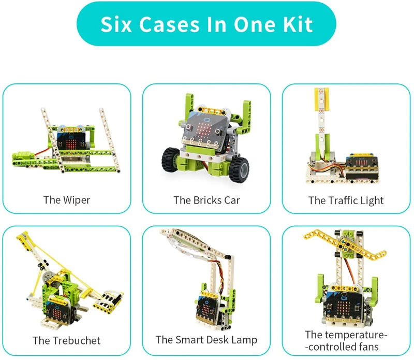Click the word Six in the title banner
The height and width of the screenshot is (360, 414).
click(x=116, y=24)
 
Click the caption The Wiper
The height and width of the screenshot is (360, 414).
click(x=67, y=200)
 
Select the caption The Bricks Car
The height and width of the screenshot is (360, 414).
click(x=206, y=200)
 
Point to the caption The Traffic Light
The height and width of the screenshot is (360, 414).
click(x=346, y=200)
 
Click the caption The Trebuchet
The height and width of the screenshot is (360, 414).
click(x=67, y=340)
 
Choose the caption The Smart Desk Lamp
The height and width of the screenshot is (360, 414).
click(x=206, y=340)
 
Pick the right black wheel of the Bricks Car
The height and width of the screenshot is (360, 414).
click(x=239, y=169)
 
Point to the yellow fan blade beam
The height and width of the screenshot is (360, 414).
click(x=345, y=243)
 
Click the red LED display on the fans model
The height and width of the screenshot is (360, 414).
click(x=343, y=306)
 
